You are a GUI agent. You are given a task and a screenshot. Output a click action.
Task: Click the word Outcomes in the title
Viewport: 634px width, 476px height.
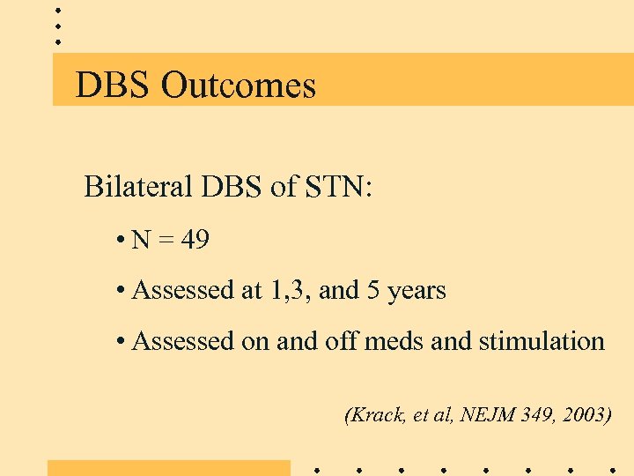240,85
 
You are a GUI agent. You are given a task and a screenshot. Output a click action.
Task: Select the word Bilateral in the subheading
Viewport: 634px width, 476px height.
136,187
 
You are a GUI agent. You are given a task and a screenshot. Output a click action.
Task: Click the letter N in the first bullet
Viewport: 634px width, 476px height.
140,240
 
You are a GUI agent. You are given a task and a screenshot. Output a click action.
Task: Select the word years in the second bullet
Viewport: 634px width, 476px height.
416,291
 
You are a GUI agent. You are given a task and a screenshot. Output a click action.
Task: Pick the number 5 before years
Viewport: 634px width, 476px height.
372,290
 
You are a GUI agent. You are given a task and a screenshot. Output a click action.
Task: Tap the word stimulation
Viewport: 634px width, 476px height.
542,341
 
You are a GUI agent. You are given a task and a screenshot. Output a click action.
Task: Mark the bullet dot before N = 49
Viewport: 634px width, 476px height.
118,241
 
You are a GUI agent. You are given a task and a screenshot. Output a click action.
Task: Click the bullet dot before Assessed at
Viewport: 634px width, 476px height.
118,291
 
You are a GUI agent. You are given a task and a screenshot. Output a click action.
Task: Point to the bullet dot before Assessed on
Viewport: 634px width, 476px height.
118,342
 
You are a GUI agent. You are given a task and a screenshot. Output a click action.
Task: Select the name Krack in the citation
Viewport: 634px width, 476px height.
376,415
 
